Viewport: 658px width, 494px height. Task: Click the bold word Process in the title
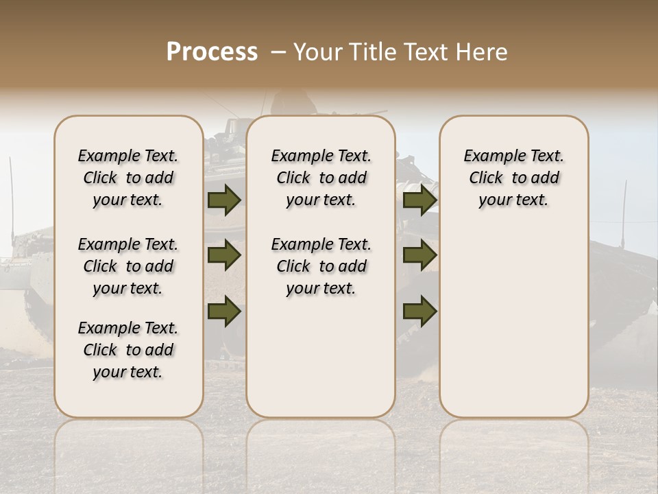212,52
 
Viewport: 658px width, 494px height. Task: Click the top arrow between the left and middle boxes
223,200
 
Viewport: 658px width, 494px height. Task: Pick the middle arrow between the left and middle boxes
223,255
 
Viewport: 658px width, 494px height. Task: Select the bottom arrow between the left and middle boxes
223,311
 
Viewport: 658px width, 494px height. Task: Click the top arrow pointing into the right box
419,200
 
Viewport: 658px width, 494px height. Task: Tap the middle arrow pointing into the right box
419,255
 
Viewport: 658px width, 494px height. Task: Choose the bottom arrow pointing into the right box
419,311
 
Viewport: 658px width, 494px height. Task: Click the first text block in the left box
128,178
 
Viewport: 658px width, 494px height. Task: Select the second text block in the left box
128,266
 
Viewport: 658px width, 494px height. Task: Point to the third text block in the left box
128,350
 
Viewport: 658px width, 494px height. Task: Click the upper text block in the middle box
321,178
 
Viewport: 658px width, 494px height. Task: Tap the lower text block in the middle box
321,266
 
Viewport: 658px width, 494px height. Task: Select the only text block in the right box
513,178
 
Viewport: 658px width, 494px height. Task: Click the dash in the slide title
278,52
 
